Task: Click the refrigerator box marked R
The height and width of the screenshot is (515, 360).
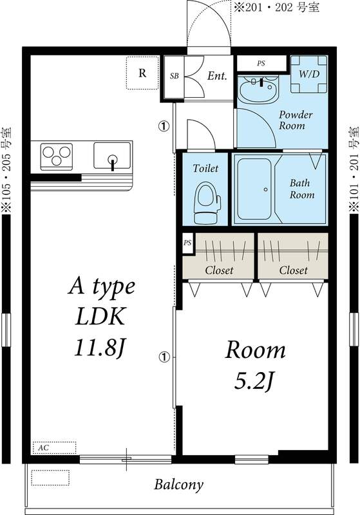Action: [142, 73]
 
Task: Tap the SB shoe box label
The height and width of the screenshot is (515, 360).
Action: [174, 76]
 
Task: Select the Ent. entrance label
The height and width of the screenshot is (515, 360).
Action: [217, 76]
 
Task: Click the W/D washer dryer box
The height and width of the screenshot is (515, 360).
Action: [308, 73]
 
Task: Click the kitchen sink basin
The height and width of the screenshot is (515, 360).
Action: [112, 155]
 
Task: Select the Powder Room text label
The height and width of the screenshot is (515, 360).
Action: [296, 120]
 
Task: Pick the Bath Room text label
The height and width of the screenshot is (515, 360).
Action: [301, 189]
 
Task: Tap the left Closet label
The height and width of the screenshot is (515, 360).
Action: [219, 270]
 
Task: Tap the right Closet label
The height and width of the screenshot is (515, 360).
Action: [293, 270]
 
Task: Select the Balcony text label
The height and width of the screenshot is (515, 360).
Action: [178, 484]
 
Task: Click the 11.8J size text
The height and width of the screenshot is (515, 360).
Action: [102, 349]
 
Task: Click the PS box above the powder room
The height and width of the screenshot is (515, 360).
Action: [261, 63]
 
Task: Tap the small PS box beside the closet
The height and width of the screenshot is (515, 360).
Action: [187, 243]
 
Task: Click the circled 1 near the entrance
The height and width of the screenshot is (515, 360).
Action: [164, 126]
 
